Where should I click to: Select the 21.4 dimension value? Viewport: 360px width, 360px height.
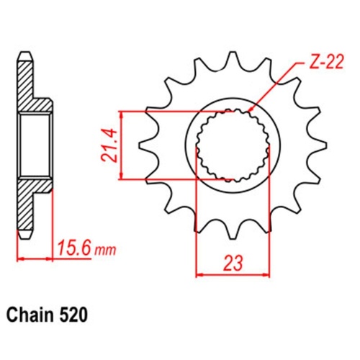click(109, 145)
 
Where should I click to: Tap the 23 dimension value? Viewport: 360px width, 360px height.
click(233, 263)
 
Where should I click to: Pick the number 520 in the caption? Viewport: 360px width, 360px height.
click(74, 315)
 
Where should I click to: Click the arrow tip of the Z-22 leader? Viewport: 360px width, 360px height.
click(248, 110)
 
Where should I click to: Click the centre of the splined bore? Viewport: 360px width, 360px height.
click(233, 145)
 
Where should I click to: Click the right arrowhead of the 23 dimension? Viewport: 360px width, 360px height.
click(268, 274)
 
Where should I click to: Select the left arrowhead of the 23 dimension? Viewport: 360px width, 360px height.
click(199, 274)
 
